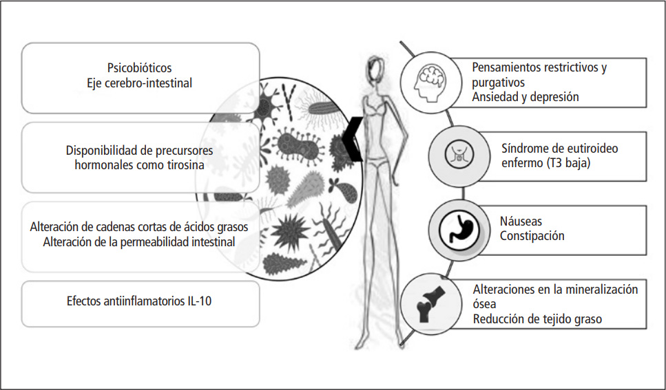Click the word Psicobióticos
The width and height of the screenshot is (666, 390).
coord(139,69)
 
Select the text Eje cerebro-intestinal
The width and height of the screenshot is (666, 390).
coord(140,83)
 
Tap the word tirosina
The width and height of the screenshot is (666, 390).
coord(185,165)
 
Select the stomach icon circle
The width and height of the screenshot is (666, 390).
coord(455,228)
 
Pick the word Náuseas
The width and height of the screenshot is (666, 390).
coord(521,221)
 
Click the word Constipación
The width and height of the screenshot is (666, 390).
coord(532,236)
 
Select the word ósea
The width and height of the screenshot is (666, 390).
coord(484,303)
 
